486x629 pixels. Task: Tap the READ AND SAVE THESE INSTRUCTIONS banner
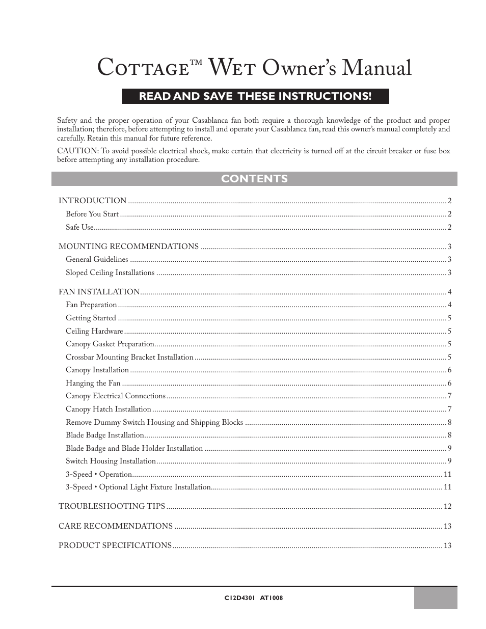click(x=255, y=96)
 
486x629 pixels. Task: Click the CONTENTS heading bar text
click(x=254, y=179)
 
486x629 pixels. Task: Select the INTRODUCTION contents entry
click(x=92, y=201)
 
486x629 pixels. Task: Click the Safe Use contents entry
click(x=79, y=227)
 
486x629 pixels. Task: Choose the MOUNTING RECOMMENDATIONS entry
click(x=128, y=247)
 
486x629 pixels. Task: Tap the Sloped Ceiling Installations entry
click(x=110, y=272)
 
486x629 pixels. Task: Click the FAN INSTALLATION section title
click(x=99, y=292)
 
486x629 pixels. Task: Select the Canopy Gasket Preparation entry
click(x=110, y=344)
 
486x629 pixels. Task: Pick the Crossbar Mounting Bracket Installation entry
click(x=129, y=357)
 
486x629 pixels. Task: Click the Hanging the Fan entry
click(x=93, y=383)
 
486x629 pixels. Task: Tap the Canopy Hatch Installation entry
click(x=109, y=409)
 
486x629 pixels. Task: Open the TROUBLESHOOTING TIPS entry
click(x=112, y=506)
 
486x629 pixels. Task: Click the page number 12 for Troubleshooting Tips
click(x=447, y=506)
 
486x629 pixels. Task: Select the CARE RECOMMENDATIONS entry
click(x=116, y=526)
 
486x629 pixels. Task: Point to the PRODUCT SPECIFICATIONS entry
click(x=115, y=545)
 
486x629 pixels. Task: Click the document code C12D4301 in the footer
click(x=235, y=598)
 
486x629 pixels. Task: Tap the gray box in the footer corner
click(x=435, y=598)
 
